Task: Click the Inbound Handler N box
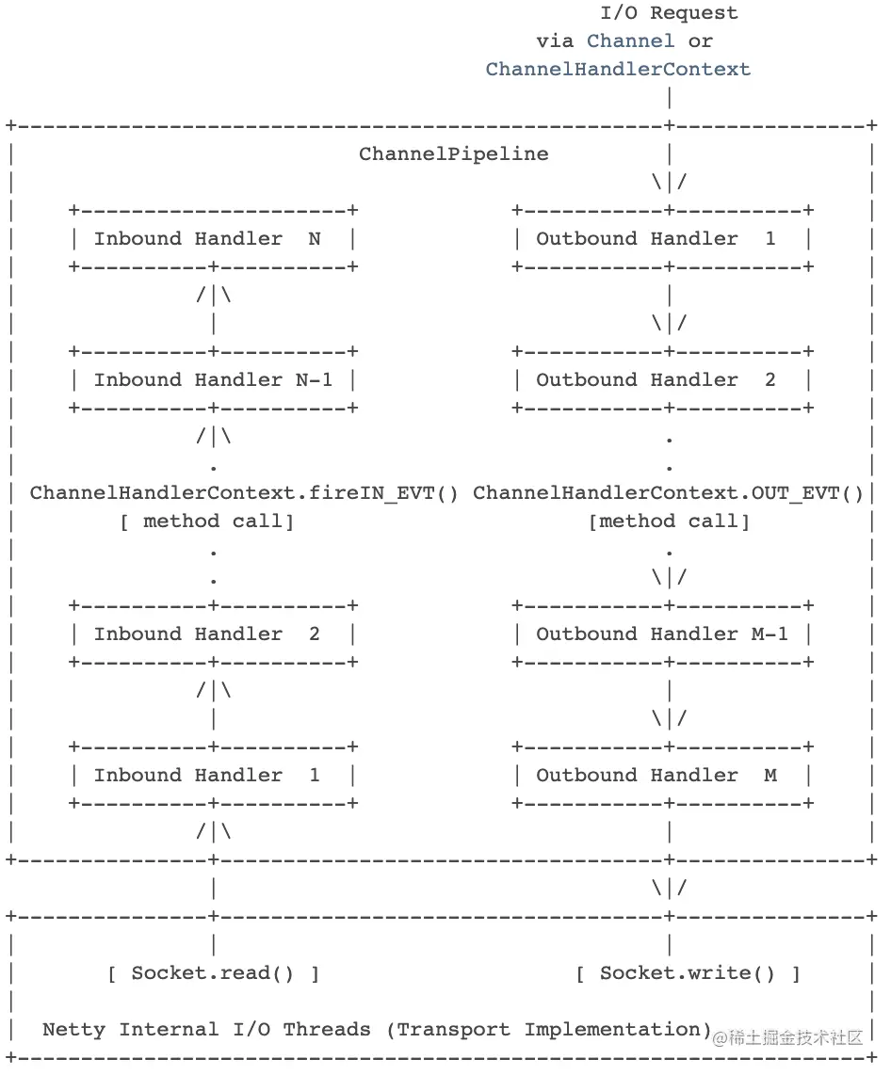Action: click(213, 238)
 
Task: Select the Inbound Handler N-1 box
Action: click(213, 379)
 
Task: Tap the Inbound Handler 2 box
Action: click(213, 634)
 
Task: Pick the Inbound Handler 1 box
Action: click(213, 775)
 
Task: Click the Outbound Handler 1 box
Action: click(663, 238)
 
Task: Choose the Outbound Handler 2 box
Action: click(663, 379)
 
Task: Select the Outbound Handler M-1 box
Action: click(663, 634)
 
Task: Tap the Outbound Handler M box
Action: click(663, 775)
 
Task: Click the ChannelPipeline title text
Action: click(453, 153)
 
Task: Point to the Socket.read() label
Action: click(213, 972)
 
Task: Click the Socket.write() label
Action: click(688, 972)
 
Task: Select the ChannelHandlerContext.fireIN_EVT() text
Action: click(244, 492)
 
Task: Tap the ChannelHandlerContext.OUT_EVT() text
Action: click(668, 492)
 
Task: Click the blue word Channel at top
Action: click(630, 40)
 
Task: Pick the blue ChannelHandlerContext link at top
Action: click(618, 69)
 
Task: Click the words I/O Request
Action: click(669, 13)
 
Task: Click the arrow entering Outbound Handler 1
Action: click(669, 182)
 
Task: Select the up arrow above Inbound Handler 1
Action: click(214, 690)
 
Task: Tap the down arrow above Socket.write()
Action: click(669, 888)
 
